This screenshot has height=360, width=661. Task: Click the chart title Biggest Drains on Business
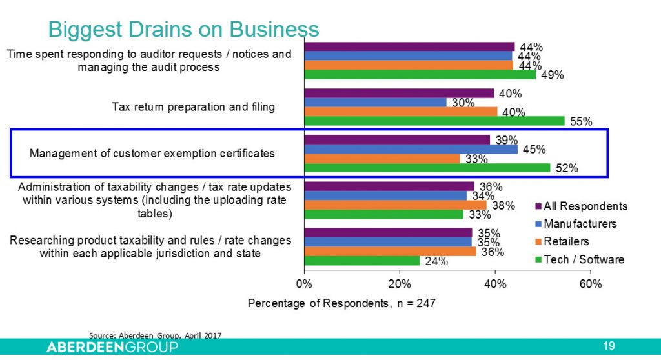[x=183, y=29]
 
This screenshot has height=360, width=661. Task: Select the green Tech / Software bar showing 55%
[x=434, y=121]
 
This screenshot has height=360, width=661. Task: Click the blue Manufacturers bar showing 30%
[x=375, y=102]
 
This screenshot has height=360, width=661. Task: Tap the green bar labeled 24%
[x=361, y=261]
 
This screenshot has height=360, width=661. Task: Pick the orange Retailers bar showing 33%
[x=382, y=159]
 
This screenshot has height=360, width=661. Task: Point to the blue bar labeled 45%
[x=411, y=149]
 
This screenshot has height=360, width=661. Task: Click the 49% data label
[x=553, y=75]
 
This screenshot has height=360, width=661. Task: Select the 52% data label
[x=566, y=169]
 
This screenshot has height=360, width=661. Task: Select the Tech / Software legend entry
[x=579, y=259]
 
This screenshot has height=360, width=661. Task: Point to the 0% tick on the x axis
[x=304, y=284]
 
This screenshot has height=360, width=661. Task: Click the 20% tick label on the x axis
[x=400, y=284]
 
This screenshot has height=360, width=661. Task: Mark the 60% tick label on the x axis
[x=590, y=284]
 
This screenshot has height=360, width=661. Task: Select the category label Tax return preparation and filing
[x=194, y=106]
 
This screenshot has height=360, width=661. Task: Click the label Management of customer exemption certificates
[x=152, y=154]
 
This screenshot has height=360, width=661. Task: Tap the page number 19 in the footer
[x=608, y=346]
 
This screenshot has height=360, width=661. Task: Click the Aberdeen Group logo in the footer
[x=112, y=347]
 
